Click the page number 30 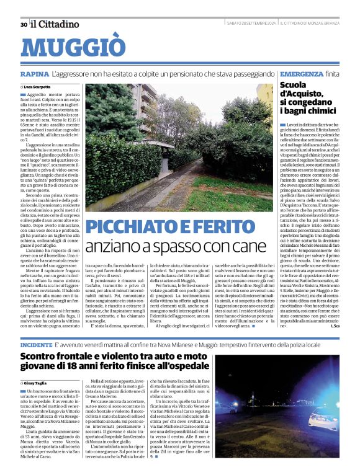point(24,24)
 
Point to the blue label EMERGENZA point(301,74)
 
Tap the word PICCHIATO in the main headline point(134,227)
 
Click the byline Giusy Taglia point(38,383)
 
